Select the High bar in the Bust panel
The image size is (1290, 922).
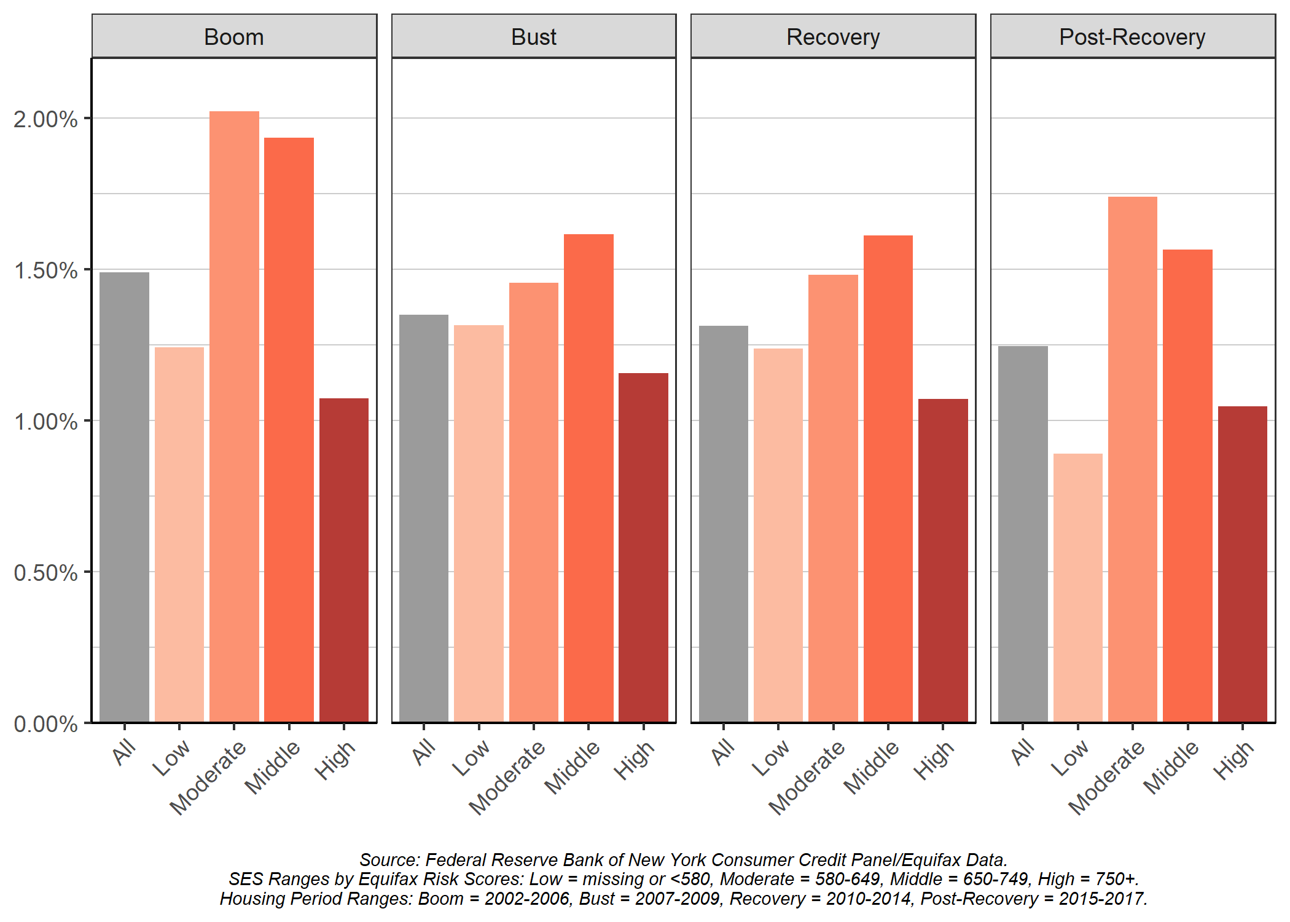tap(643, 547)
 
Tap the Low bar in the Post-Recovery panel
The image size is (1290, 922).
tap(1077, 587)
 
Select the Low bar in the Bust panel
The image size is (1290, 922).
tap(479, 523)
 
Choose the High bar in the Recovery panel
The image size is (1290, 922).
tap(943, 560)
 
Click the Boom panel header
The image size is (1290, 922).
tap(234, 37)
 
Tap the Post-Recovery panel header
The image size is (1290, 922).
tap(1132, 37)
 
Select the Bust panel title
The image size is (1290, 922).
tap(533, 37)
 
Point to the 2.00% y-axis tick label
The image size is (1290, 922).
tap(45, 119)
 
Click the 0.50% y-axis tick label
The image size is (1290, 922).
tap(45, 572)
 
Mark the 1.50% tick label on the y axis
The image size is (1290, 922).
tap(45, 270)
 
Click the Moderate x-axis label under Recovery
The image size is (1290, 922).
tap(807, 778)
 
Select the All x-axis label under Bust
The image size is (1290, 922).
tap(424, 752)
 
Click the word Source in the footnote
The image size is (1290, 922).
tap(387, 859)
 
